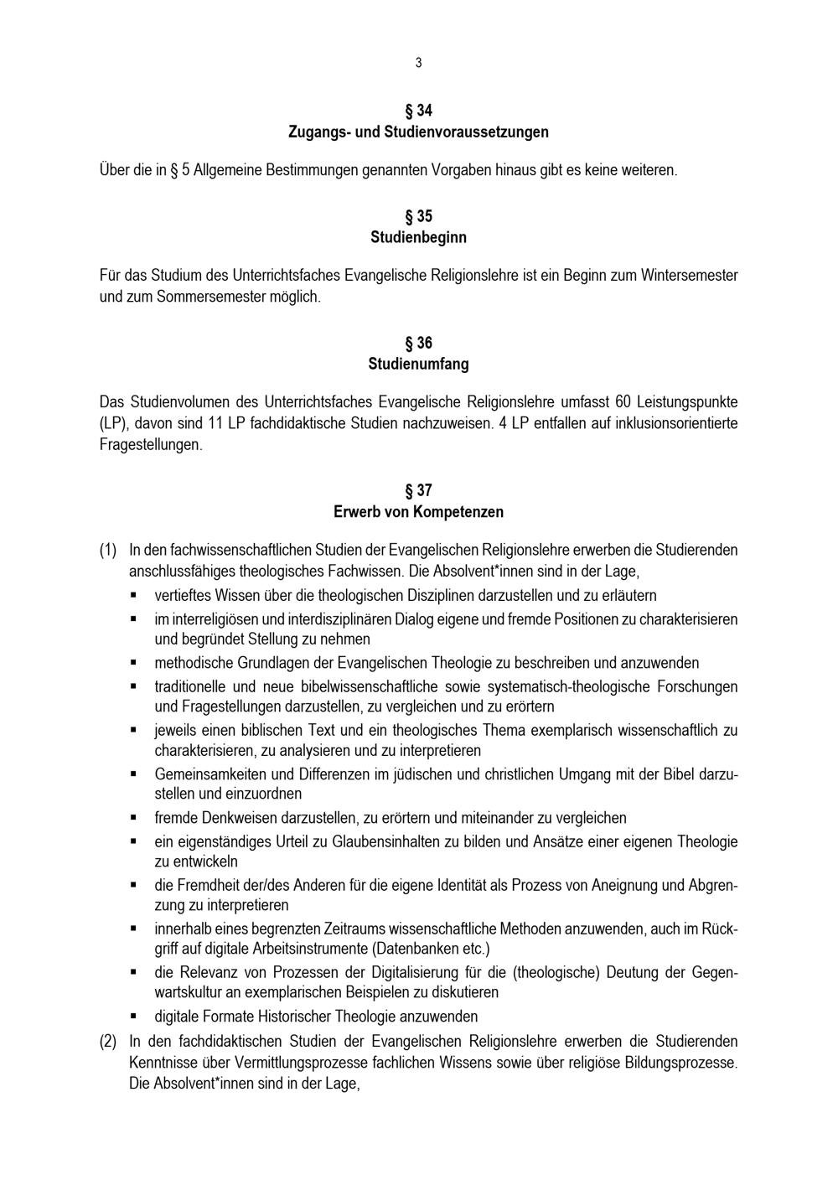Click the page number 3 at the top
coord(418,63)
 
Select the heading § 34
coord(418,111)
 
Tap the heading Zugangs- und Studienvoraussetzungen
coord(418,132)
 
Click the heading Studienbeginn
coord(418,237)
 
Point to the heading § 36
coord(418,343)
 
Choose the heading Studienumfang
coord(418,365)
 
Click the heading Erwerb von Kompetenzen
coord(418,511)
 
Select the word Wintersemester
coord(690,275)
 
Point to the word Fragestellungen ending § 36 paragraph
coord(150,445)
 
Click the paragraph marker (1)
coord(108,551)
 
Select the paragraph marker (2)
coord(108,1042)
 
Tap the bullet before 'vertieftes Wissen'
coord(133,595)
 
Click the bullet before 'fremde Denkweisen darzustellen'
coord(133,817)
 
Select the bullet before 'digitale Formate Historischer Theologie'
coord(133,1016)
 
